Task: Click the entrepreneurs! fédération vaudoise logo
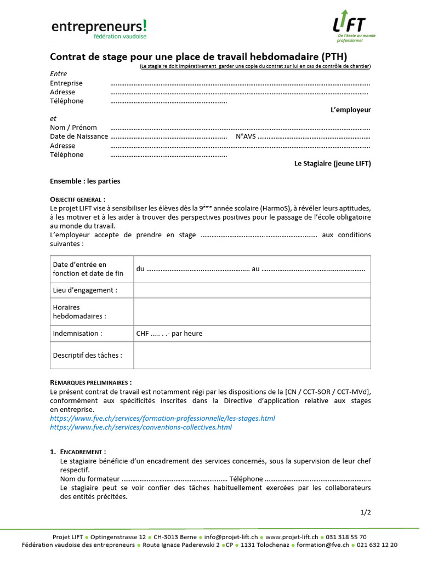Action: (x=99, y=29)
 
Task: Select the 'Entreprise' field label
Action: (x=66, y=83)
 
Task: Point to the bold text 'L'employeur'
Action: (x=350, y=110)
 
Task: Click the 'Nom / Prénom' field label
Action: (x=73, y=128)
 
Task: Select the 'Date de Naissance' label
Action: (x=78, y=136)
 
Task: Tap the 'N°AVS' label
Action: (x=246, y=136)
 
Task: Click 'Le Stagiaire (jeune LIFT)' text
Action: (x=332, y=164)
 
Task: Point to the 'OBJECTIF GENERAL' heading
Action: (x=77, y=199)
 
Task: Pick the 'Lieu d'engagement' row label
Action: (x=85, y=290)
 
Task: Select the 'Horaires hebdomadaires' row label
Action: (x=79, y=312)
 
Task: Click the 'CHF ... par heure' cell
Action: (x=169, y=334)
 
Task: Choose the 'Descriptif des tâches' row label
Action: (x=88, y=355)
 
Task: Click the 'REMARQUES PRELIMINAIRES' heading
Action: (x=90, y=382)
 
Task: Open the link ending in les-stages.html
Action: (x=162, y=419)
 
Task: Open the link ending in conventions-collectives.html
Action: (x=141, y=427)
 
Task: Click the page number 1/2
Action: (x=366, y=513)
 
